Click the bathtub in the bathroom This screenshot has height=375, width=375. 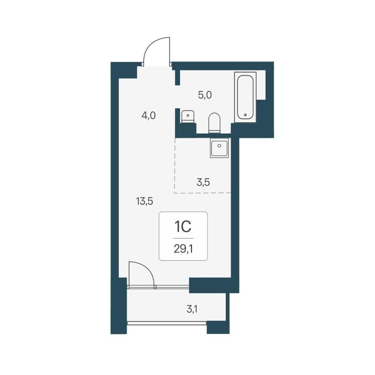(x=245, y=97)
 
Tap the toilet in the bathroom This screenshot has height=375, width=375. (x=214, y=123)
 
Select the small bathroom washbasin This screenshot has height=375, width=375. (x=188, y=117)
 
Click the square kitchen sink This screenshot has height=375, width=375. (x=219, y=148)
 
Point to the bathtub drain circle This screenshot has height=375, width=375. (x=245, y=115)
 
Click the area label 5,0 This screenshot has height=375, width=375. (x=205, y=95)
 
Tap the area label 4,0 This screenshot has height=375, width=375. (x=148, y=116)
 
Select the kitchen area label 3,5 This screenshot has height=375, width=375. (x=203, y=183)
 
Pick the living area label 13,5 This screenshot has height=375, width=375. (x=144, y=201)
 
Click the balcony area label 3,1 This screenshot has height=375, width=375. (x=192, y=310)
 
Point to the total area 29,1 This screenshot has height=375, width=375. (x=183, y=249)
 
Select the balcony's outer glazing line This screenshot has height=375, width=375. (x=167, y=323)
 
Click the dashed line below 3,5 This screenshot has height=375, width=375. (x=202, y=193)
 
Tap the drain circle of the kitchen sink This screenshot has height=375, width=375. (x=219, y=145)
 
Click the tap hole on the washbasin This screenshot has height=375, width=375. (x=188, y=115)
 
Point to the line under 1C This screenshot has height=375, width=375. (x=183, y=238)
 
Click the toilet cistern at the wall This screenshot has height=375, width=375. (x=214, y=131)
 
